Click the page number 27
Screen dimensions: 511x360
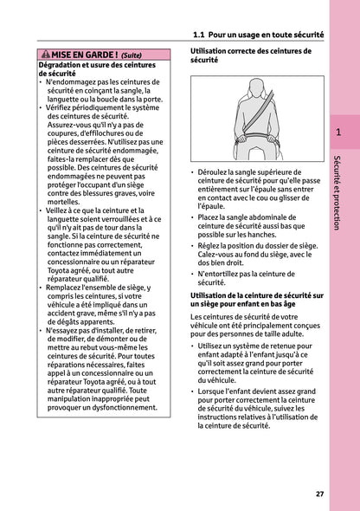point(319,494)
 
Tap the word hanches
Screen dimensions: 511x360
point(274,235)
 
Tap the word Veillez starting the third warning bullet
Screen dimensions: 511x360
point(64,210)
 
